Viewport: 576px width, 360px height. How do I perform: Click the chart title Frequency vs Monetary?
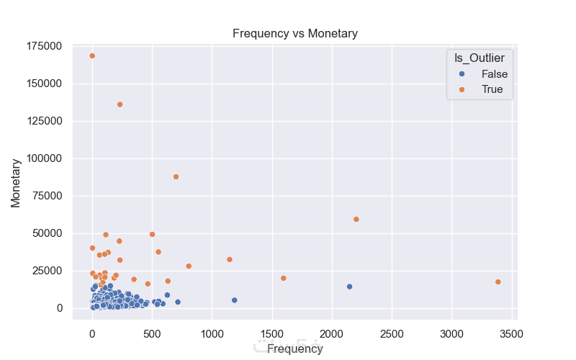[x=294, y=34]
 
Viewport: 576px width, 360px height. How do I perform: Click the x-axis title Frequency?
[x=294, y=349]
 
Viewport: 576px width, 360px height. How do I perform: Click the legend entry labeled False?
[x=495, y=74]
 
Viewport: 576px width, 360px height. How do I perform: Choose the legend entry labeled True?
[x=492, y=90]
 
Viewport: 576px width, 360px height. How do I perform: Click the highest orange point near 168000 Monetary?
[x=92, y=56]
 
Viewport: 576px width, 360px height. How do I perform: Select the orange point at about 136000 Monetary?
[x=120, y=104]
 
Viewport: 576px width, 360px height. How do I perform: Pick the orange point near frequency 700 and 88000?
[x=176, y=177]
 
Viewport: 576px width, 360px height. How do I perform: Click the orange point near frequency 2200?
[x=356, y=220]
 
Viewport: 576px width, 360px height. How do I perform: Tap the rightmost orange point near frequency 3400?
[x=498, y=282]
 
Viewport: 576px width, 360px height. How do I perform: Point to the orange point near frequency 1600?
[x=284, y=279]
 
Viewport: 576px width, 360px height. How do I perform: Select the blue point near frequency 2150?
[x=349, y=287]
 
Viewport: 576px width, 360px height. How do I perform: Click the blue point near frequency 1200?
[x=234, y=300]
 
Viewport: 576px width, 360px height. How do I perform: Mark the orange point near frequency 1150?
[x=230, y=260]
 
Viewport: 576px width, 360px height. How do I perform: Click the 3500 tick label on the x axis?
[x=512, y=335]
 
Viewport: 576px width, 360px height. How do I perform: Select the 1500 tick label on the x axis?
[x=272, y=335]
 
